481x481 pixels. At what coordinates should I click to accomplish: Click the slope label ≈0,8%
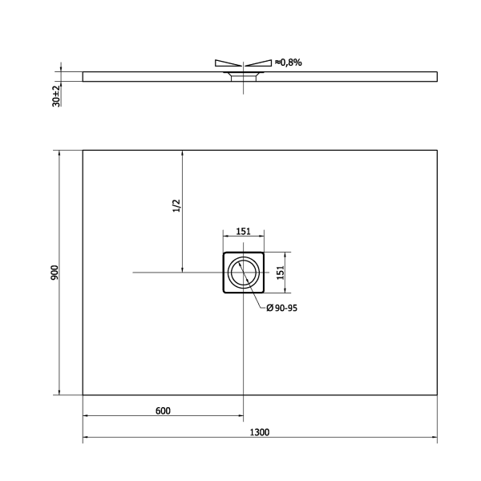click(289, 62)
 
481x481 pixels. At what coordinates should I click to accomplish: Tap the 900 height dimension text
click(54, 273)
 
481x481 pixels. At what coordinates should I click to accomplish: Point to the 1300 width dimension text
click(259, 432)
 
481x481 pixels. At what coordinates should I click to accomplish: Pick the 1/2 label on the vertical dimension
click(177, 207)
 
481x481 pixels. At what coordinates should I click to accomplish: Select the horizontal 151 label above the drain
click(243, 232)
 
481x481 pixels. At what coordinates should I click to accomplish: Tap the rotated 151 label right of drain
click(281, 273)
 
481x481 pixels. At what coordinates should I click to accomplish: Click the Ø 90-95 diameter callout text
click(281, 308)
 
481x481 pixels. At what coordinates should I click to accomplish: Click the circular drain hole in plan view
click(243, 273)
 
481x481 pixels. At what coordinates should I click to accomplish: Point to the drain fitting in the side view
click(241, 76)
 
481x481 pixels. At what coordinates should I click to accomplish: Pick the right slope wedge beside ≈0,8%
click(258, 63)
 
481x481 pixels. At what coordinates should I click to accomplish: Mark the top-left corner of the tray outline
click(83, 150)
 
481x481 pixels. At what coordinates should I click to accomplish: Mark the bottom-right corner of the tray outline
click(436, 395)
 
